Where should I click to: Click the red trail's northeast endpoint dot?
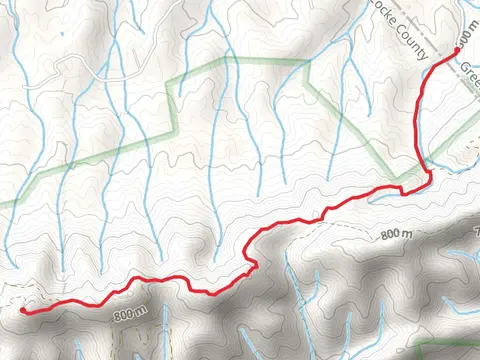458,49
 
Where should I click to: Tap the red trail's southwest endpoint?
23,310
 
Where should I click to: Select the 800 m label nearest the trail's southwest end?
132,316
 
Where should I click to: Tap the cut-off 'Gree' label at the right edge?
469,72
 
